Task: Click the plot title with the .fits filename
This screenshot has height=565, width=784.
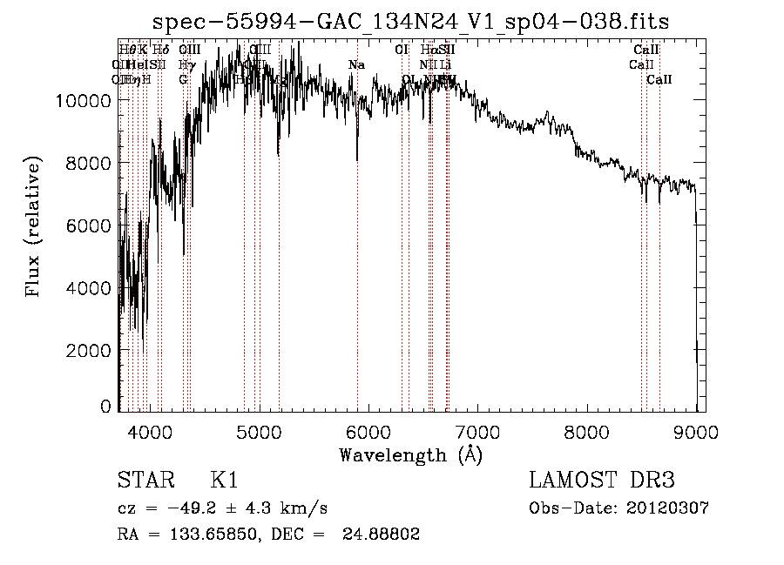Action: [x=411, y=23]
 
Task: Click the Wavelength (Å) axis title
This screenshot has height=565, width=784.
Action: [x=411, y=454]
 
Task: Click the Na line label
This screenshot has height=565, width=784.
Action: [x=356, y=64]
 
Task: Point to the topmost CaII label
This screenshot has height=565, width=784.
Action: [x=646, y=50]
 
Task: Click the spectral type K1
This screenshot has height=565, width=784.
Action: [x=224, y=481]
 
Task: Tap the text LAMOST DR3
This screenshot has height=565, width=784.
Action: [x=601, y=481]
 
